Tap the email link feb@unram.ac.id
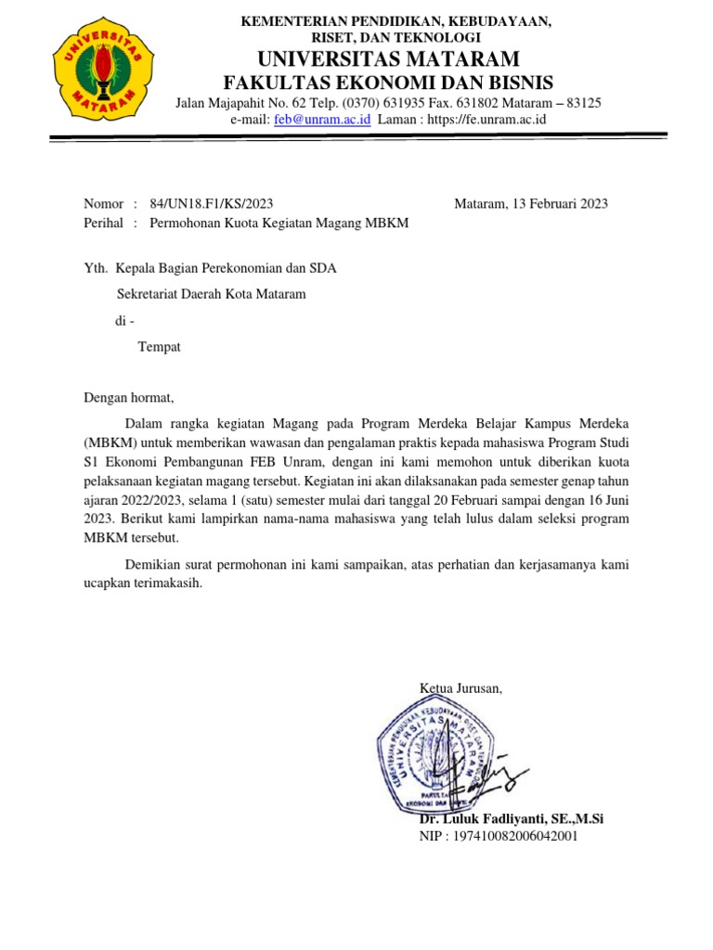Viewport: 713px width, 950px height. (x=323, y=120)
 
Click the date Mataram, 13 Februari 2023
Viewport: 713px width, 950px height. (x=531, y=204)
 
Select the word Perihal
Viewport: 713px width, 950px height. (x=104, y=224)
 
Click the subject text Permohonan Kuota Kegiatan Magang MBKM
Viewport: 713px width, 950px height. (x=279, y=224)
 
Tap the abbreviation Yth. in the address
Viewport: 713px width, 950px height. (x=96, y=269)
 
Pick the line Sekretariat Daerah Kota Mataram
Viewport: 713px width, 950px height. (x=212, y=295)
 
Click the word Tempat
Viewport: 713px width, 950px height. (x=159, y=347)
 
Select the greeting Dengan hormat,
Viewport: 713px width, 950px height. (x=129, y=398)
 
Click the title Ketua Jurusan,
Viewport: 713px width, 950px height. (x=461, y=687)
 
